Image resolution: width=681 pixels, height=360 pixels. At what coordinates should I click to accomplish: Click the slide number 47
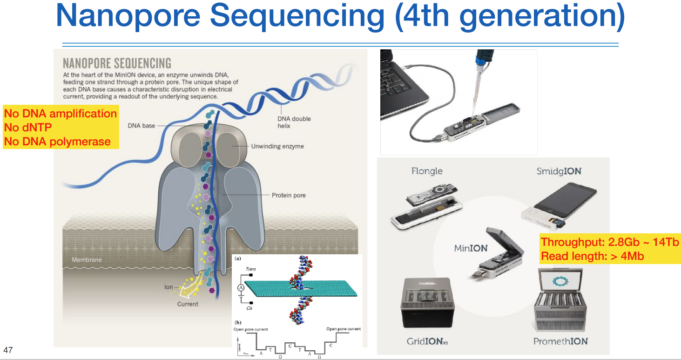8,350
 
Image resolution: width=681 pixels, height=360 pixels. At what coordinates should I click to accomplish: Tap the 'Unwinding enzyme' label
277,146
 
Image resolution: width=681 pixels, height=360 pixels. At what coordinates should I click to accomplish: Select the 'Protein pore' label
289,195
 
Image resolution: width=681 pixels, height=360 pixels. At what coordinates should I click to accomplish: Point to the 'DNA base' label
142,126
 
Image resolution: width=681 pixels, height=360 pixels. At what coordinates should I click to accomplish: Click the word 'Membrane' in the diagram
87,260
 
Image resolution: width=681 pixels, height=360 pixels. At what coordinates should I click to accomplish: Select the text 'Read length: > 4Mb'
592,256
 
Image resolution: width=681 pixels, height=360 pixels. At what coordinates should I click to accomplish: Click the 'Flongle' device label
427,171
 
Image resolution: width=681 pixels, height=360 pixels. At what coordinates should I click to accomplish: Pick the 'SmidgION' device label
559,171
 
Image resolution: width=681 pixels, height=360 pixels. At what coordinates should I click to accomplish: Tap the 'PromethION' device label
560,341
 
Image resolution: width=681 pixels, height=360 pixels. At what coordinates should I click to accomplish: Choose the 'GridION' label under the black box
427,341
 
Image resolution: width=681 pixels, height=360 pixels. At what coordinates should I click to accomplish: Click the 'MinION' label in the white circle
471,248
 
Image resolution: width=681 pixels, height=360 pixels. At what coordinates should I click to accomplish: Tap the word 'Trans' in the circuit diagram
250,269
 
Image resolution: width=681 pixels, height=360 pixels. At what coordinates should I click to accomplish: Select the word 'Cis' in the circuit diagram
249,308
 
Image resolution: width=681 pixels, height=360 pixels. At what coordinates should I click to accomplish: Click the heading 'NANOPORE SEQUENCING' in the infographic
117,63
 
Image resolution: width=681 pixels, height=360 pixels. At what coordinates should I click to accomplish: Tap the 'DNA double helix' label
294,122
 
